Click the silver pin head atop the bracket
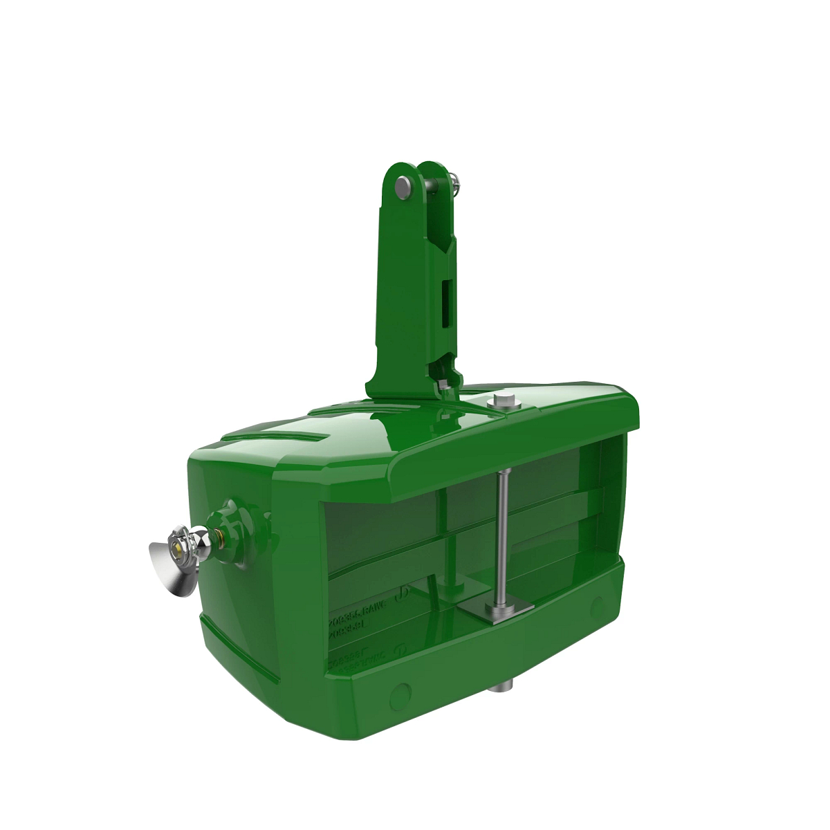[403, 185]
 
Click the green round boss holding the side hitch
[238, 533]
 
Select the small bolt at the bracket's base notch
[441, 381]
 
